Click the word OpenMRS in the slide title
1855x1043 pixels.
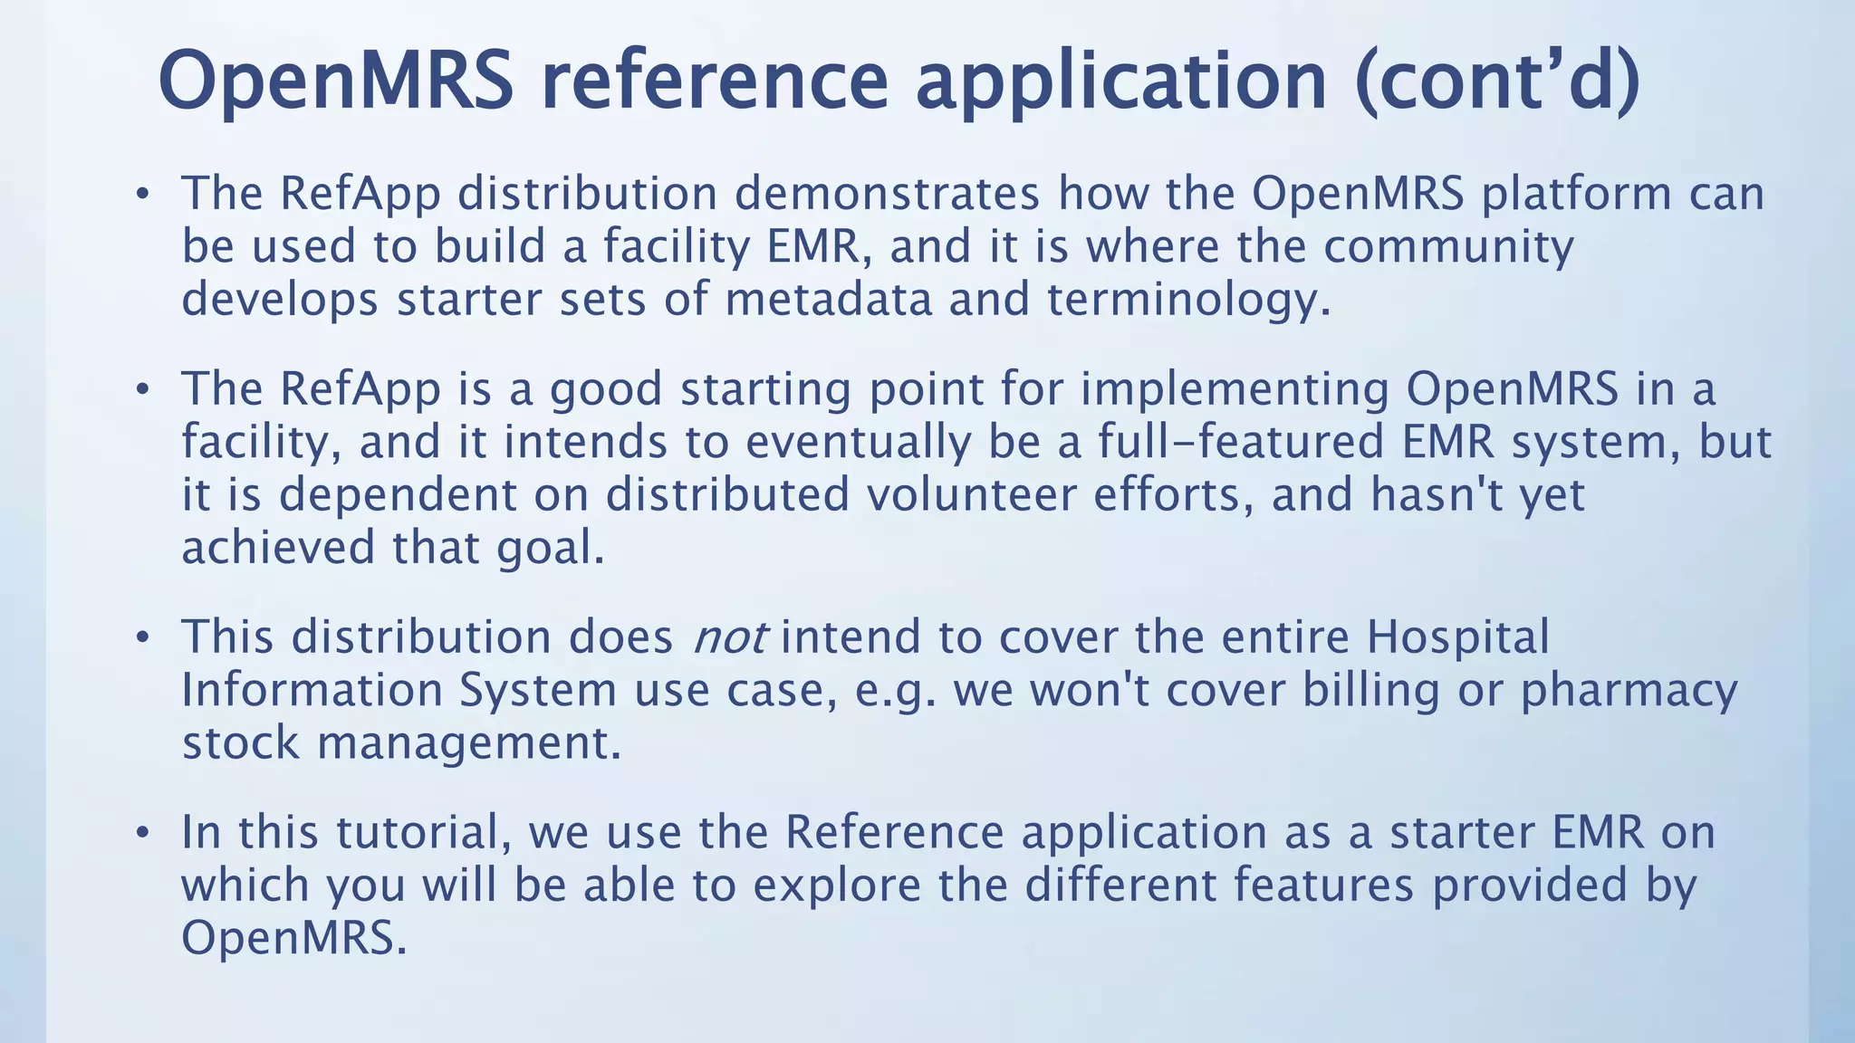pos(336,80)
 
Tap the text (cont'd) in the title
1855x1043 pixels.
pos(1498,80)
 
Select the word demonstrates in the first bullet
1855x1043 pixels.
pos(887,193)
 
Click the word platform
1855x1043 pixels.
pos(1577,193)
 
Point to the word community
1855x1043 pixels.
pos(1449,246)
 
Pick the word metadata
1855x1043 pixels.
pos(829,299)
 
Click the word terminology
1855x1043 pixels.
pos(1189,299)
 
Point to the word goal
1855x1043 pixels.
pos(550,548)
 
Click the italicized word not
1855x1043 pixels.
pos(730,637)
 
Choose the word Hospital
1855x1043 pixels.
pos(1458,636)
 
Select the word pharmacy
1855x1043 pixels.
pos(1629,690)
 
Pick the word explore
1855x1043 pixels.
pos(837,885)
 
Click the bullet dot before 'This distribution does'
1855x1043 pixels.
pos(141,638)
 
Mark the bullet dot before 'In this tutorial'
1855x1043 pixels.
pos(141,833)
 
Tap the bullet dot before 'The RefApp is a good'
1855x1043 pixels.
pos(141,390)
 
